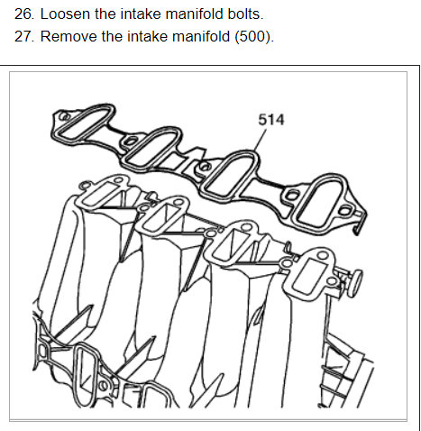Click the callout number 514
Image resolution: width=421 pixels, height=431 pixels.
270,119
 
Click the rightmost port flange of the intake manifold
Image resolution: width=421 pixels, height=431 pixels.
311,275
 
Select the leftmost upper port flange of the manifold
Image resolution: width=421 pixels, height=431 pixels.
99,194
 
